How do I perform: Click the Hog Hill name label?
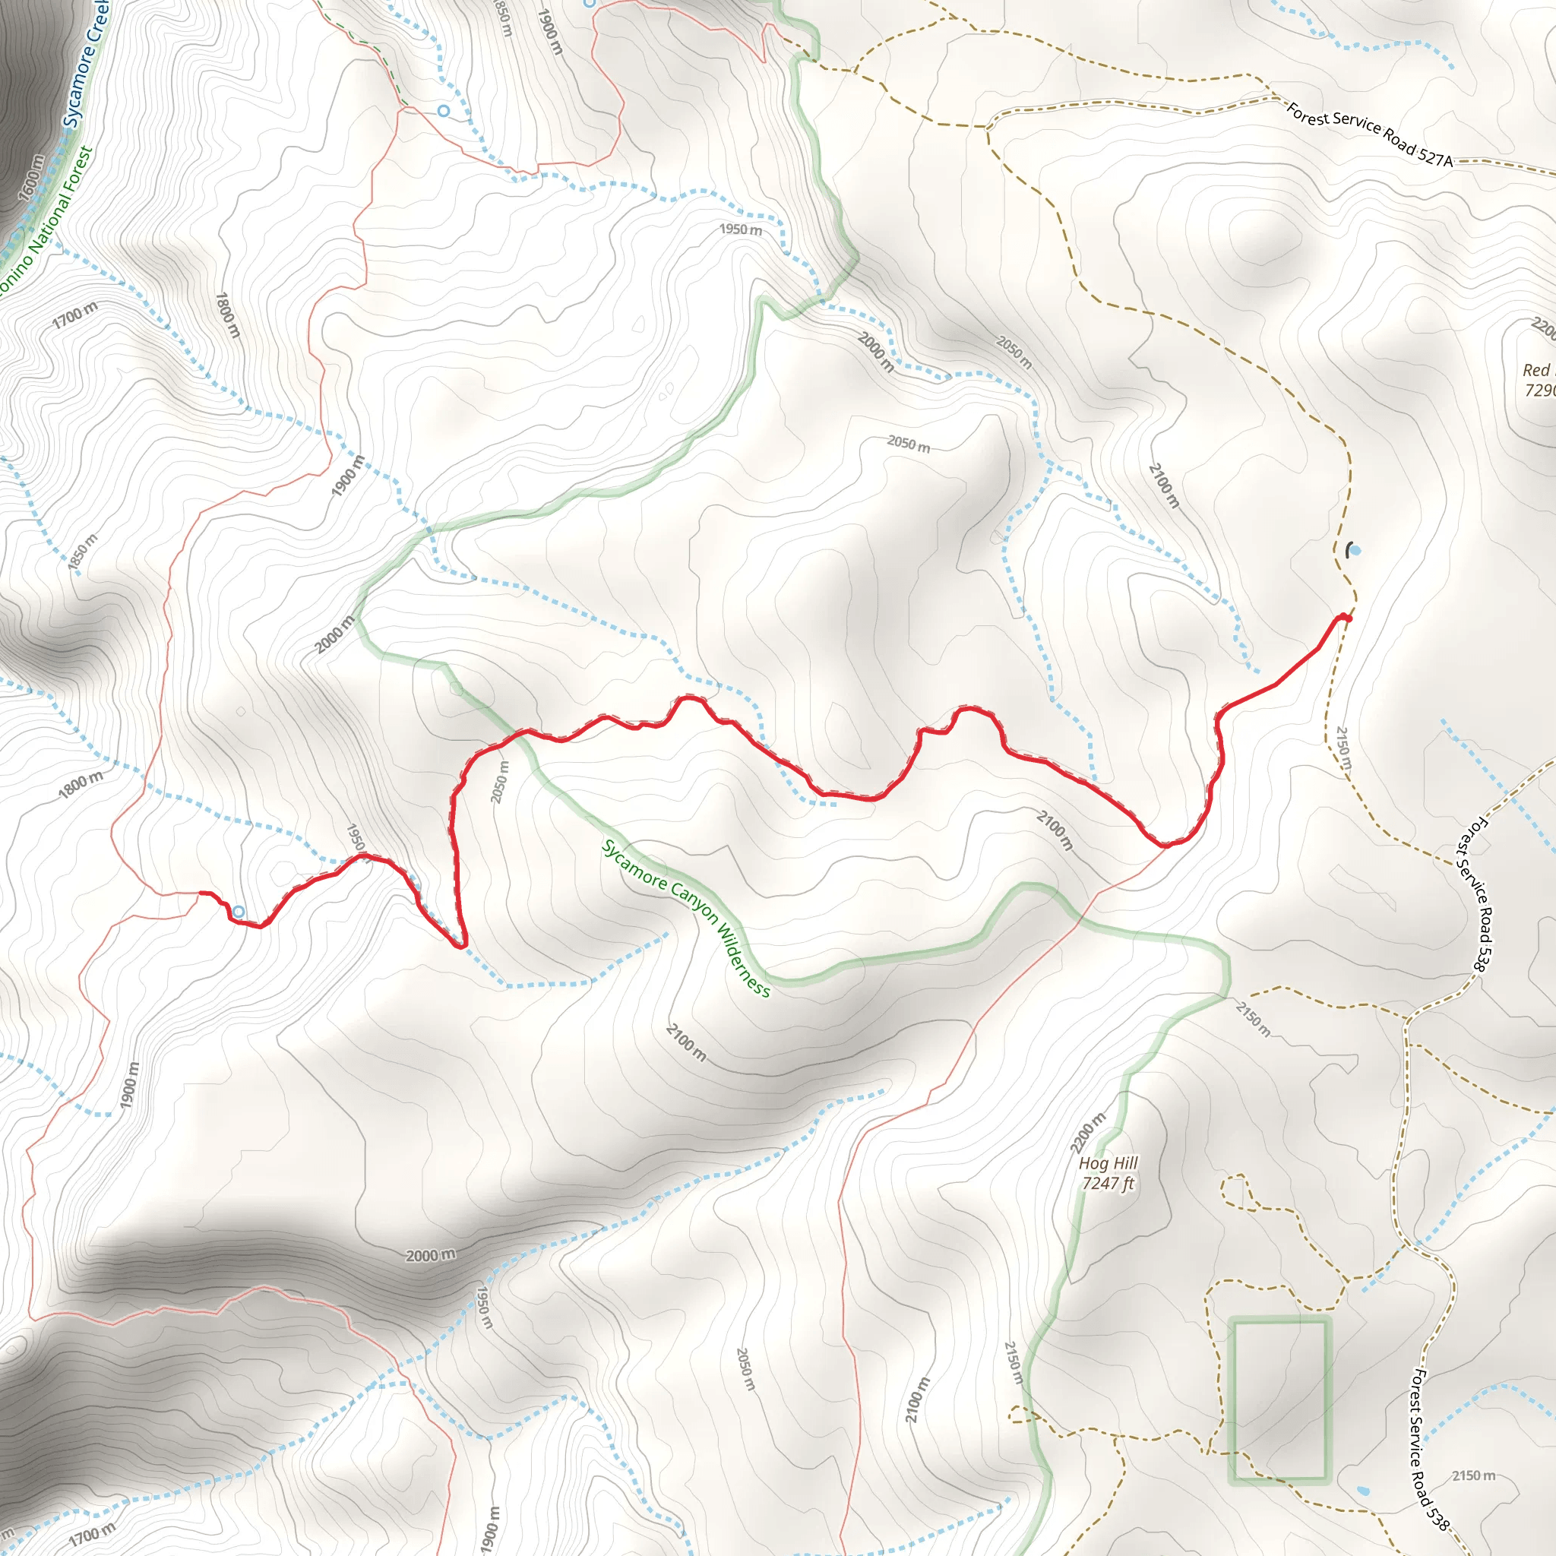1108,1163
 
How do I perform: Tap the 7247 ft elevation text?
1108,1183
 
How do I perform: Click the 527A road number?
1435,157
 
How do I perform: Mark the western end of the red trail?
201,893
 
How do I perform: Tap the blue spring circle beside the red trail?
239,912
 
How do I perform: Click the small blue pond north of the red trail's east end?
1355,551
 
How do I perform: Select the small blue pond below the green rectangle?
1363,1491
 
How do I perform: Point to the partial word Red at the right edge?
1535,371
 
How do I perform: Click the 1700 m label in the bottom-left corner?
92,1534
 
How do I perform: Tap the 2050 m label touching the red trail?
499,781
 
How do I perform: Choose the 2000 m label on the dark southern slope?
430,1256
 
